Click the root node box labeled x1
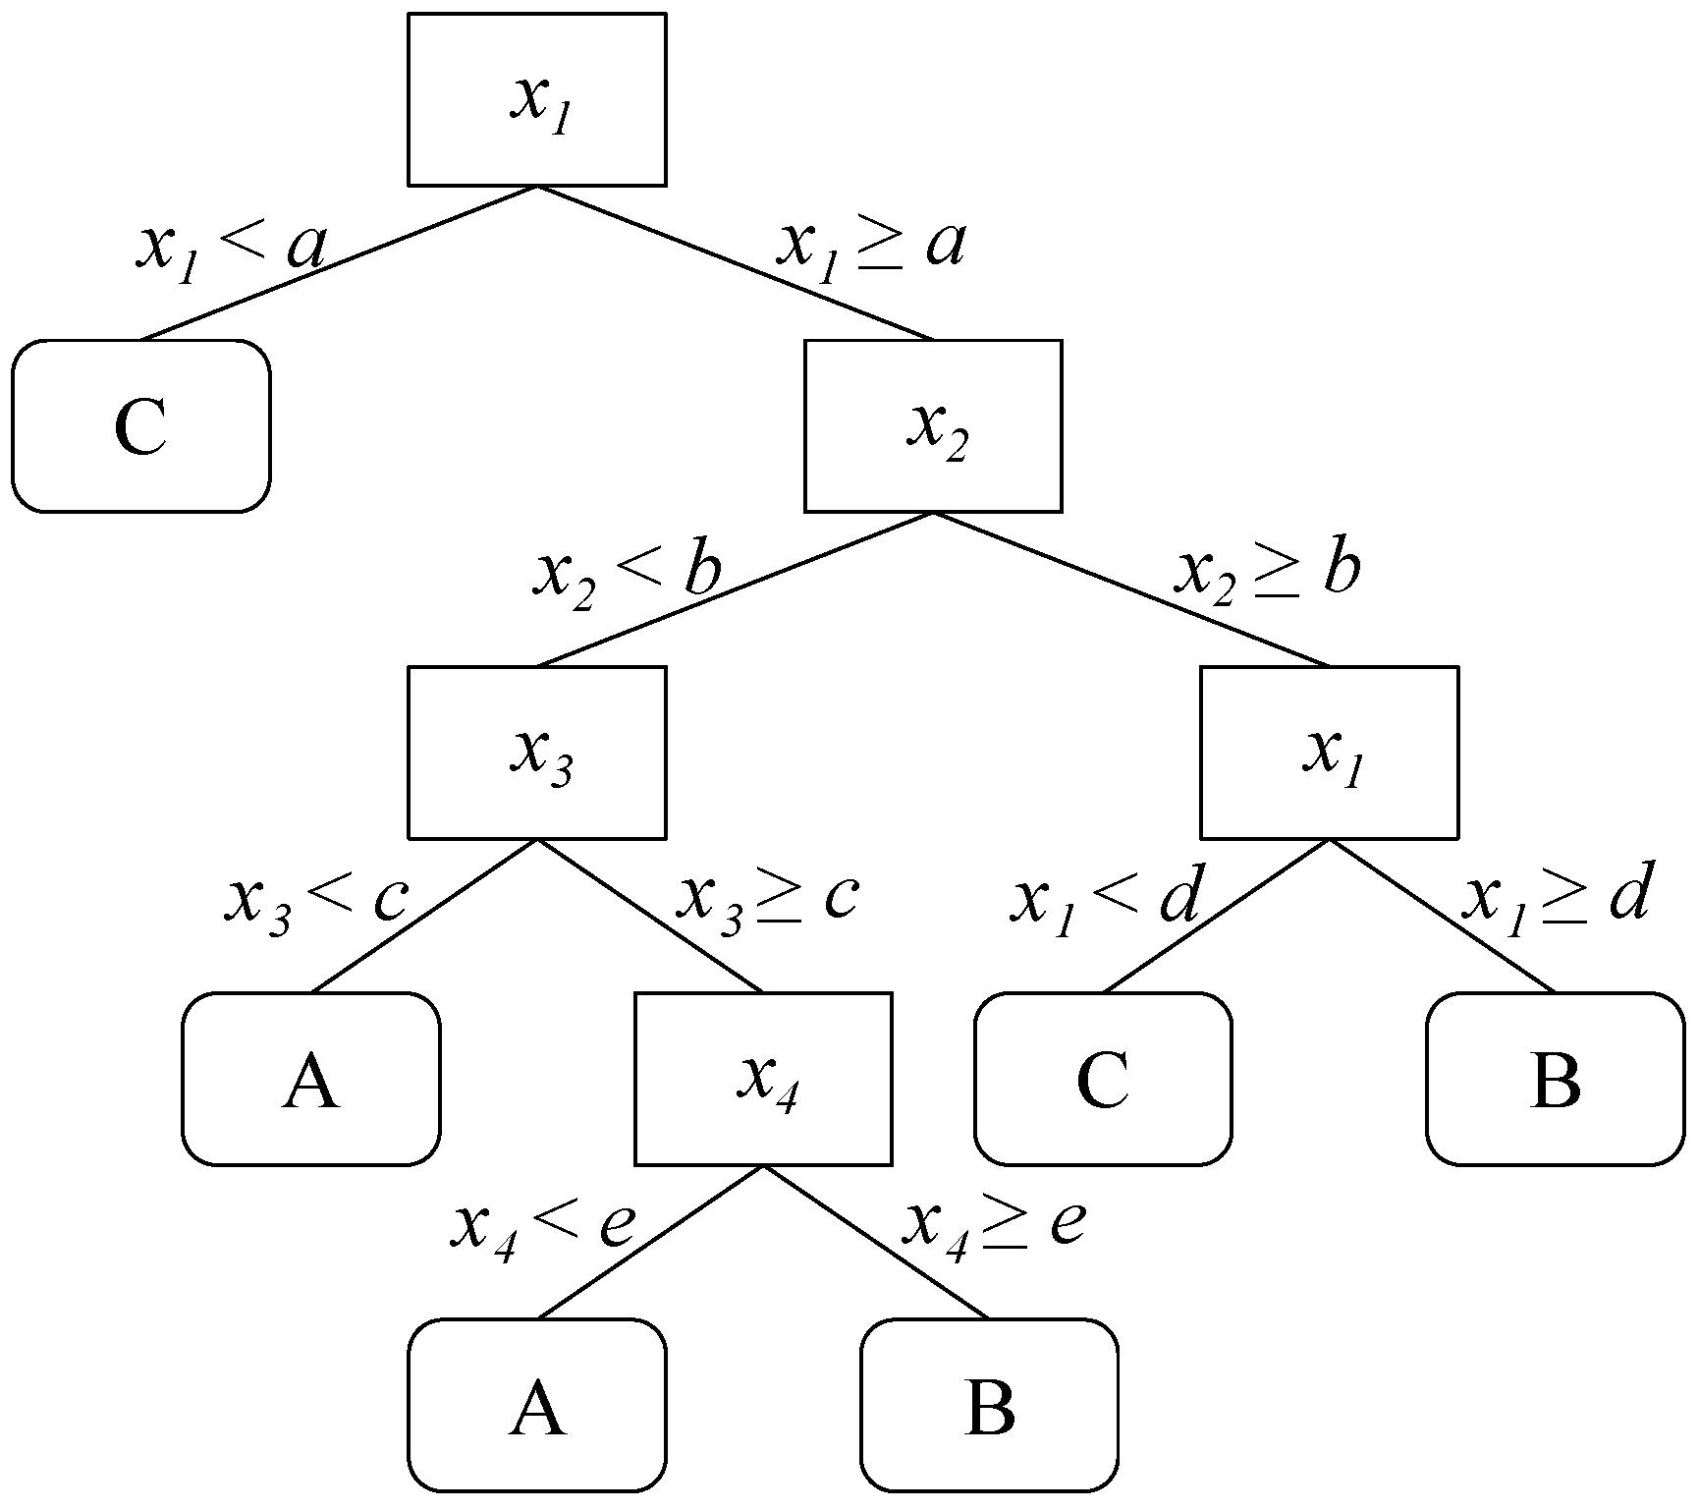click(x=536, y=99)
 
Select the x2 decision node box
click(x=933, y=425)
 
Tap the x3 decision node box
click(x=536, y=753)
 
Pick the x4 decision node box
click(x=763, y=1079)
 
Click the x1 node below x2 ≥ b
click(x=1329, y=753)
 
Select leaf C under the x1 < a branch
click(x=141, y=425)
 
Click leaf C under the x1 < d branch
click(x=1103, y=1079)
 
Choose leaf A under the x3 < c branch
click(x=310, y=1079)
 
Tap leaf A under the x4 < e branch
click(x=536, y=1405)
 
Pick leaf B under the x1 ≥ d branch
click(x=1555, y=1079)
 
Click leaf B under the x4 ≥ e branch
click(x=989, y=1405)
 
